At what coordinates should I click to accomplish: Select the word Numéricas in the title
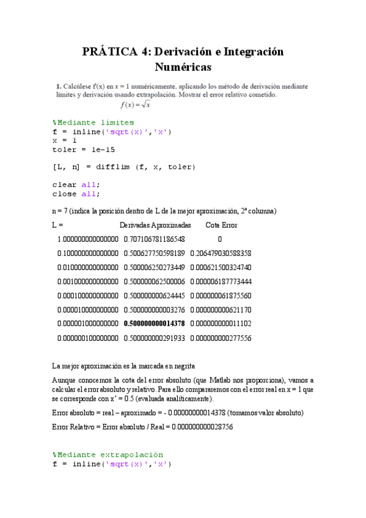pyautogui.click(x=183, y=67)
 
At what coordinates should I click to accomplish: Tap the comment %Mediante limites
pyautogui.click(x=93, y=123)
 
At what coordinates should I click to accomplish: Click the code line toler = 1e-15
pyautogui.click(x=83, y=149)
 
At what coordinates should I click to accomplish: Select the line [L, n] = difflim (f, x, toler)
pyautogui.click(x=124, y=167)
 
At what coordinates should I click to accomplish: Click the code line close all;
pyautogui.click(x=76, y=194)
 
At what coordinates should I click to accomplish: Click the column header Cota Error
pyautogui.click(x=221, y=225)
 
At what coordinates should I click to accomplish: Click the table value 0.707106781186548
pyautogui.click(x=154, y=239)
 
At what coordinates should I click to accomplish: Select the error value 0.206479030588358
pyautogui.click(x=221, y=254)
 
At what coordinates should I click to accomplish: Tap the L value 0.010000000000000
pyautogui.click(x=88, y=268)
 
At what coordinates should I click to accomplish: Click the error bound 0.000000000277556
pyautogui.click(x=221, y=338)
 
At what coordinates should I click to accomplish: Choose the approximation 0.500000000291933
pyautogui.click(x=154, y=338)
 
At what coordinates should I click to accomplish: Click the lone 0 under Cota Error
pyautogui.click(x=220, y=239)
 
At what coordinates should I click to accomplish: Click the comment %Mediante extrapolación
pyautogui.click(x=108, y=454)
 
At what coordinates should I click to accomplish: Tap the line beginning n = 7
pyautogui.click(x=164, y=211)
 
